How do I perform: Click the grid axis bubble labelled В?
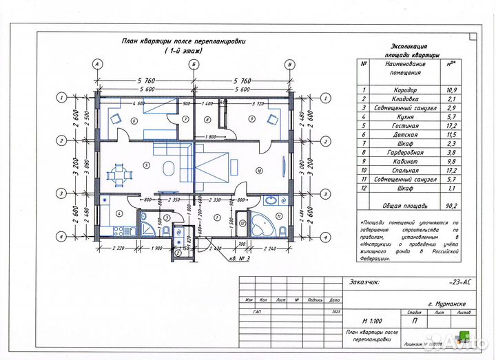290,64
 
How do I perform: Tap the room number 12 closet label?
241,223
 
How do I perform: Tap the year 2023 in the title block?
335,312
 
